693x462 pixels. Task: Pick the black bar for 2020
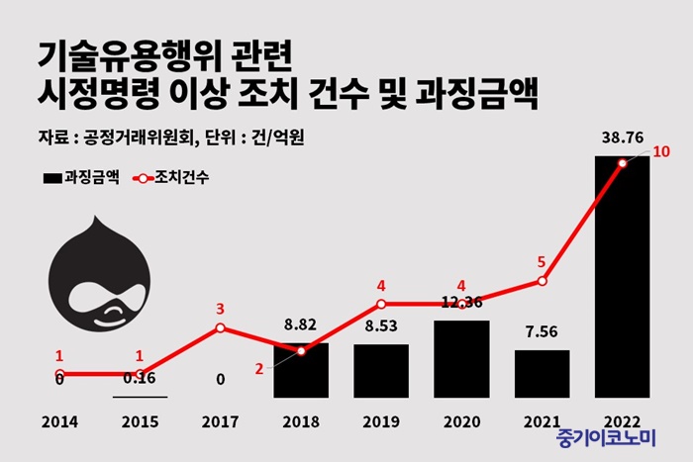[x=461, y=358]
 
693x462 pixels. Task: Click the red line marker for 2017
[x=220, y=327]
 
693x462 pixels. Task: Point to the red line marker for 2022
[x=622, y=163]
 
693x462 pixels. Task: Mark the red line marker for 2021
[x=542, y=282]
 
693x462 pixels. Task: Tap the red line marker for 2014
[x=59, y=374]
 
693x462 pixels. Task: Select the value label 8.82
[x=300, y=323]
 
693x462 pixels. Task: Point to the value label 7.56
[x=542, y=330]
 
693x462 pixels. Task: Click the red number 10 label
[x=662, y=152]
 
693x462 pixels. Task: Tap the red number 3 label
[x=220, y=309]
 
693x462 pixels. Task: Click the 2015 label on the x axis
[x=140, y=421]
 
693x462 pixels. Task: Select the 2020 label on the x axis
[x=461, y=421]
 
